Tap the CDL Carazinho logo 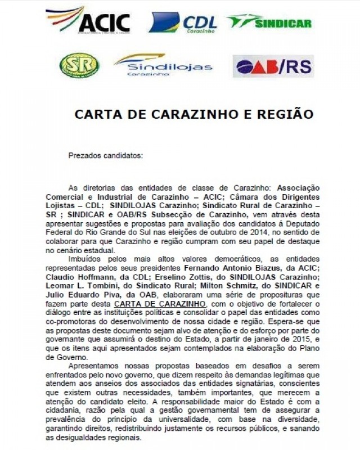tap(182, 23)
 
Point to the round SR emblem tap(79, 65)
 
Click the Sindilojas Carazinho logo tap(163, 65)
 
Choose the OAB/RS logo tap(273, 66)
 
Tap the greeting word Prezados tap(84, 155)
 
